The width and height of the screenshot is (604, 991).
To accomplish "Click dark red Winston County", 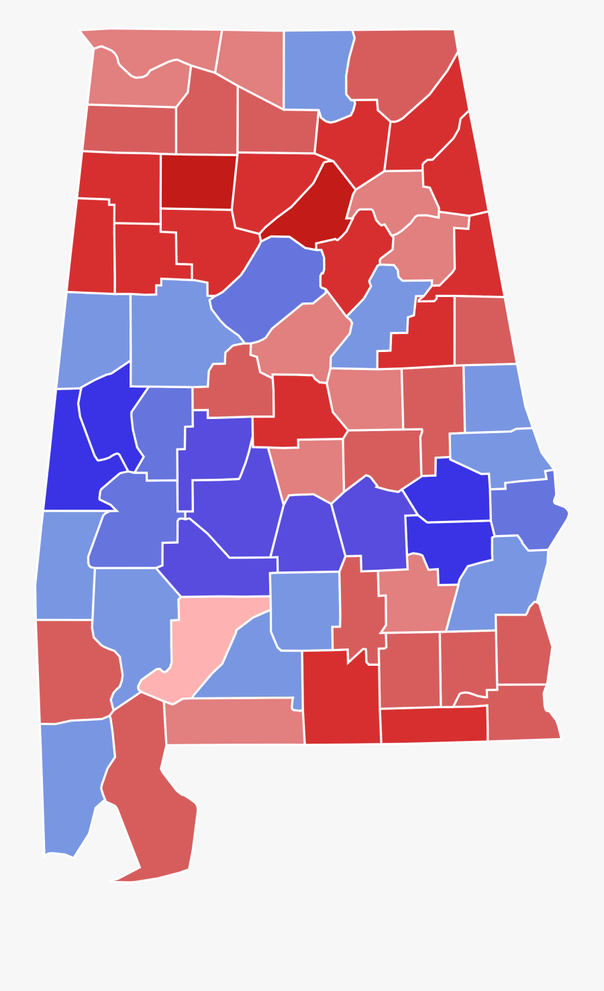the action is (198, 181).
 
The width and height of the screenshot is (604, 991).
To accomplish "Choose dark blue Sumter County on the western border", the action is (67, 456).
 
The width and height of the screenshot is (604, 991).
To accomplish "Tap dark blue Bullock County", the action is (446, 543).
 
